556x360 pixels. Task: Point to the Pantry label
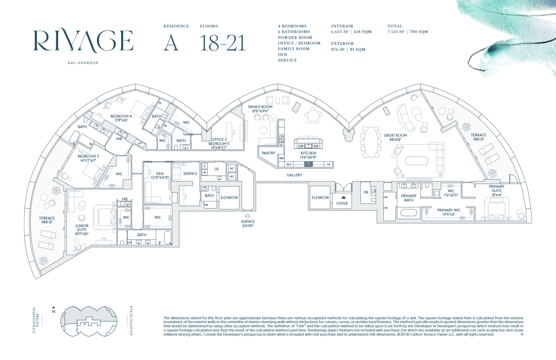[x=268, y=153]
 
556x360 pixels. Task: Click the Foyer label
[x=342, y=204]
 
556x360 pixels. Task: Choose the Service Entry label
[x=248, y=223]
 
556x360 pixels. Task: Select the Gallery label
[x=294, y=175]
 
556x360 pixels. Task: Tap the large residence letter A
[x=171, y=43]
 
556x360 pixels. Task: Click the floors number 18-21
[x=223, y=43]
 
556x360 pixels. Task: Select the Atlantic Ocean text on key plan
[x=131, y=321]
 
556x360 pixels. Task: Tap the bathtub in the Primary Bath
[x=408, y=212]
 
